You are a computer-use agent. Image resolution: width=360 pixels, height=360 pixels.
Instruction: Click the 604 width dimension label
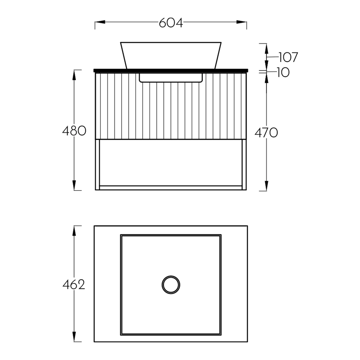coord(171,23)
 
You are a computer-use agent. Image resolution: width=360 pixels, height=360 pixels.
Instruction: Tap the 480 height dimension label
coord(74,131)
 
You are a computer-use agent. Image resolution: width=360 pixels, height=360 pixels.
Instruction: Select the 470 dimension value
coord(266,133)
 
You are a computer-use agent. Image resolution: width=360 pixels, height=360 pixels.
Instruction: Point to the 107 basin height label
coord(288,57)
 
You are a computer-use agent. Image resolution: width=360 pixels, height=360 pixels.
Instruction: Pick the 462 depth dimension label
coord(74,285)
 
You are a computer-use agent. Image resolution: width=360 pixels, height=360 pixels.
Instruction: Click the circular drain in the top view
coord(171,285)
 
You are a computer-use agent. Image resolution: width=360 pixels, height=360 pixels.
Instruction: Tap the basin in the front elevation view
coord(171,55)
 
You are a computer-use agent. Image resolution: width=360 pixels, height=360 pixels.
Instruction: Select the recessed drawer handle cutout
coord(171,78)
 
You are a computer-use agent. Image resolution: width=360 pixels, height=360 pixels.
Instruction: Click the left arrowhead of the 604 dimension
coord(100,22)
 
